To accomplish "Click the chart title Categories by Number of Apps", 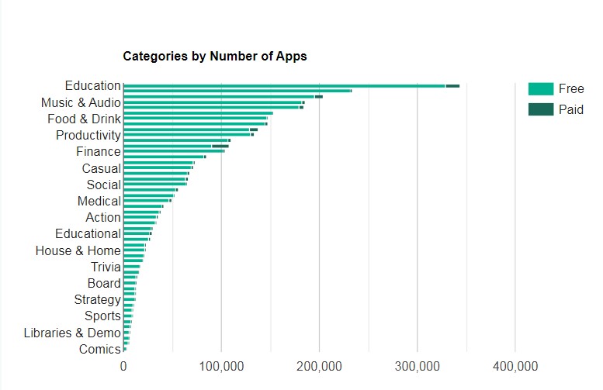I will click(215, 56).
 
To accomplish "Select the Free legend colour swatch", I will click(541, 89).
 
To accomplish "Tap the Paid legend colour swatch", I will click(541, 109).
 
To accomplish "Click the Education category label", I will click(92, 86).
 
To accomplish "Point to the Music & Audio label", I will click(81, 102).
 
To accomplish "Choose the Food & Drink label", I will click(84, 119).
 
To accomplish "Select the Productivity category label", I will click(88, 136).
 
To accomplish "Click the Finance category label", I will click(98, 152).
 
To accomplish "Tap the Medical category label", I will click(99, 202).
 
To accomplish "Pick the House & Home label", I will click(78, 250).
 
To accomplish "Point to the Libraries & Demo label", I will click(72, 333).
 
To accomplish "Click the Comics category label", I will click(99, 350).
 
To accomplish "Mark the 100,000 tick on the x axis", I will click(221, 366).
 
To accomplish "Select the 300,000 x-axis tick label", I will click(418, 366).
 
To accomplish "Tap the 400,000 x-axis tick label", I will click(515, 366).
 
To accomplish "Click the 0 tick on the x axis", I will click(123, 366).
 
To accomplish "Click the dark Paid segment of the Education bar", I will click(452, 86).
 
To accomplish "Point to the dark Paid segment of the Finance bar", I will click(220, 146).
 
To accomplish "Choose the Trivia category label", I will click(106, 267).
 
